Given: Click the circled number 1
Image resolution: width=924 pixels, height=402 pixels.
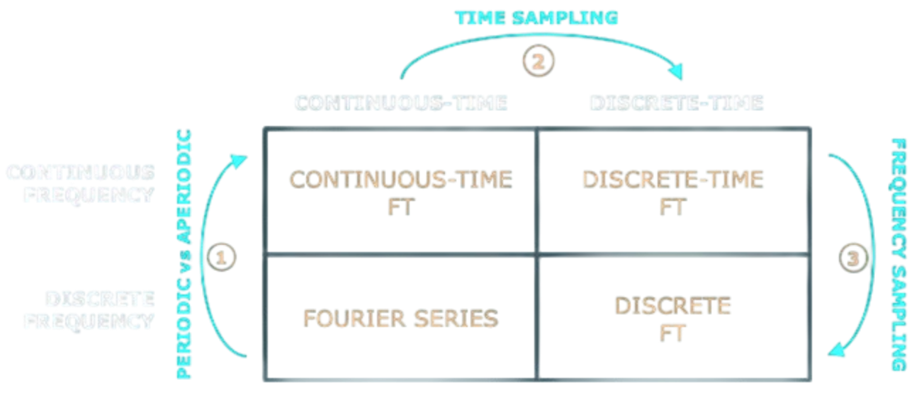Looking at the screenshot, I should tap(221, 257).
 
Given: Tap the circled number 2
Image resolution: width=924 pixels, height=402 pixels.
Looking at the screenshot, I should tap(539, 60).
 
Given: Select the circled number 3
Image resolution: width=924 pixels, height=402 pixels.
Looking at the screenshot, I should tap(851, 258).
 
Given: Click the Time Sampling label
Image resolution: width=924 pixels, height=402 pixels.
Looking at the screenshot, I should tap(536, 18).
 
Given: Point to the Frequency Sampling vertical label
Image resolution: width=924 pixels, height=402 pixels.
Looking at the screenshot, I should tap(898, 254).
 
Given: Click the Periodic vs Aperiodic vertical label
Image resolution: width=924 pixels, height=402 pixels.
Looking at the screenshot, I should tap(186, 255).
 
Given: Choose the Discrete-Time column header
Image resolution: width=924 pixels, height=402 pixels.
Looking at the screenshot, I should tap(677, 103).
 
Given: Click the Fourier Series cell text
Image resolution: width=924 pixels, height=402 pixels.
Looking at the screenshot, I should tap(400, 318).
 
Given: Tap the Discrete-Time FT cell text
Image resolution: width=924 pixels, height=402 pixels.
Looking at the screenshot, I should tap(672, 191).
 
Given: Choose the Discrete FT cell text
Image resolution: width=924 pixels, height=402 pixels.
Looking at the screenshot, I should tap(672, 319).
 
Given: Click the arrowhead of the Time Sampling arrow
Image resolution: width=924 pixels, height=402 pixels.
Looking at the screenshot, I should tap(680, 71).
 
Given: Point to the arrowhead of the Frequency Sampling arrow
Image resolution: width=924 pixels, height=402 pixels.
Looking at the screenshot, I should tap(837, 348).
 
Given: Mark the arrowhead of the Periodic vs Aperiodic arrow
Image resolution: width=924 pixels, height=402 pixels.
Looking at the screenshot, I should tap(242, 157).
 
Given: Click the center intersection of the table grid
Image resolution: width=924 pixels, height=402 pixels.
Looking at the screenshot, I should tap(537, 255).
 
